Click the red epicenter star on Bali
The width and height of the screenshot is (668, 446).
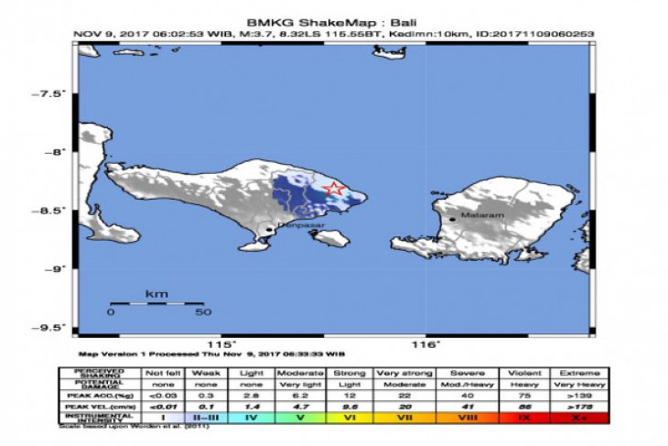click(x=335, y=190)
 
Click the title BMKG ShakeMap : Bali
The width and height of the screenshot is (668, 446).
click(x=335, y=20)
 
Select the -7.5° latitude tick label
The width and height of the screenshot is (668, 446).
click(x=48, y=94)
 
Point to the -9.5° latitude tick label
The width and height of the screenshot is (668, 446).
click(x=48, y=327)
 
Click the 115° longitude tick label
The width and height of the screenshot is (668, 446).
click(x=216, y=344)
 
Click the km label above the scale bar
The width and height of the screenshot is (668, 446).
click(x=156, y=294)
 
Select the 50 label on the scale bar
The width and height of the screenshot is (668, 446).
click(x=202, y=312)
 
